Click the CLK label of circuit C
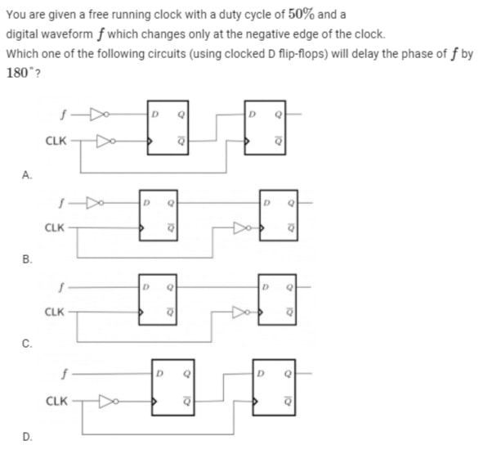click(x=54, y=312)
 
